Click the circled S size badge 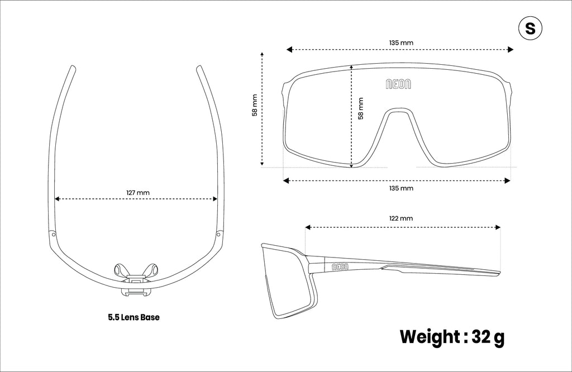coord(530,28)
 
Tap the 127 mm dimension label coord(138,193)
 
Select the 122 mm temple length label coord(401,218)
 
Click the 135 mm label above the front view coord(401,42)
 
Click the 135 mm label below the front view coord(401,188)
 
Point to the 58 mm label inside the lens coord(361,108)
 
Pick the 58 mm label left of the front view coord(255,106)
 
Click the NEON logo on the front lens coord(398,84)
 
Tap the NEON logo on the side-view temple coord(340,267)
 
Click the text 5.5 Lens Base coord(134,317)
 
